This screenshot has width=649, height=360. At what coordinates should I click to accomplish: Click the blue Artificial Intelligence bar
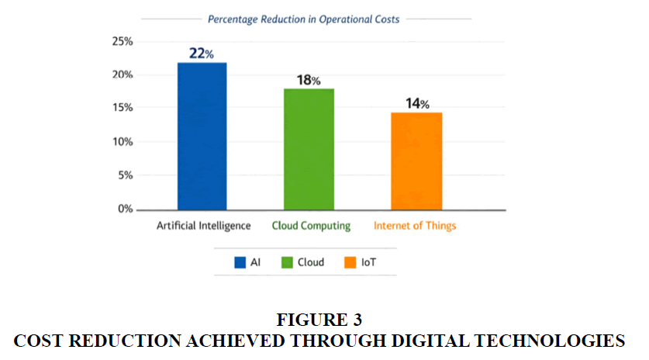pos(202,136)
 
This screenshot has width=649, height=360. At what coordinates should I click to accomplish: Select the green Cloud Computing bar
pos(309,149)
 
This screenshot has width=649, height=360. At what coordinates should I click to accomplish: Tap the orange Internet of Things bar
pos(416,161)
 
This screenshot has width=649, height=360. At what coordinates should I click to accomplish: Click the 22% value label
pos(202,54)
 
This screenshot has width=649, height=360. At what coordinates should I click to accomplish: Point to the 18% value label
pos(309,80)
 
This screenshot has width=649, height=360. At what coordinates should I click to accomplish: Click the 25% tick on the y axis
pos(123,41)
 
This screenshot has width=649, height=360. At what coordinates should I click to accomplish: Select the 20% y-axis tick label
pos(123,74)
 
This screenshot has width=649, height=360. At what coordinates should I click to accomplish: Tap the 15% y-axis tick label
pos(123,108)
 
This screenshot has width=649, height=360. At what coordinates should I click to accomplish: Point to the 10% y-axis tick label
pos(123,142)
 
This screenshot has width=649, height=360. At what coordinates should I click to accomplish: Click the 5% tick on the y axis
pos(126,175)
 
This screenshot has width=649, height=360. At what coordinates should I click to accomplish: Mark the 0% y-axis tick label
pos(126,209)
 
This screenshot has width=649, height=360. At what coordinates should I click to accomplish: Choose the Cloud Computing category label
pos(311,226)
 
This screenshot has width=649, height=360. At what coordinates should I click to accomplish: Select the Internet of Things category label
pos(415,226)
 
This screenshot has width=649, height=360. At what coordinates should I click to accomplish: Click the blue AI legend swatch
pos(240,263)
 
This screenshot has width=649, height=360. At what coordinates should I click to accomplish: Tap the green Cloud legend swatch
pos(287,263)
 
